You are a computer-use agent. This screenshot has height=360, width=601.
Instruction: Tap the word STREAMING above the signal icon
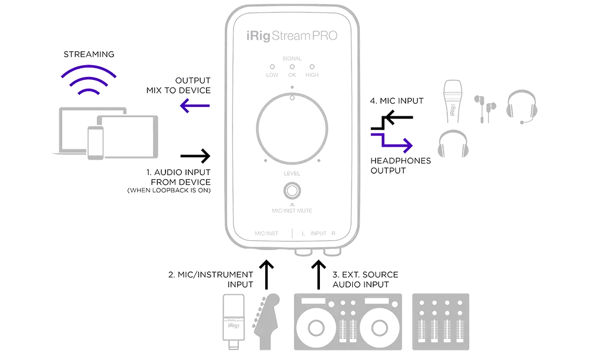[90, 55]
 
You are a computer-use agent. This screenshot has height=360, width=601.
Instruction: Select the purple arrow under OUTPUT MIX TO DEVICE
[195, 106]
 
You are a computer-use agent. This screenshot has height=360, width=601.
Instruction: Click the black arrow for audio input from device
[195, 156]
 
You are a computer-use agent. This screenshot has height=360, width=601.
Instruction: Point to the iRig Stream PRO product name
[293, 35]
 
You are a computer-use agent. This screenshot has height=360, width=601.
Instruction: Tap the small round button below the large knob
[292, 191]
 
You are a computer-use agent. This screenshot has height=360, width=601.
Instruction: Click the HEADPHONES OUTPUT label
[400, 165]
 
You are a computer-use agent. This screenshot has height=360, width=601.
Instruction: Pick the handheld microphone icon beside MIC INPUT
[454, 100]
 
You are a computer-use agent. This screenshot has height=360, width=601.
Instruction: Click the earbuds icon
[485, 107]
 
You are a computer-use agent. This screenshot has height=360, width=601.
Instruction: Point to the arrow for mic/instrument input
[267, 274]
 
